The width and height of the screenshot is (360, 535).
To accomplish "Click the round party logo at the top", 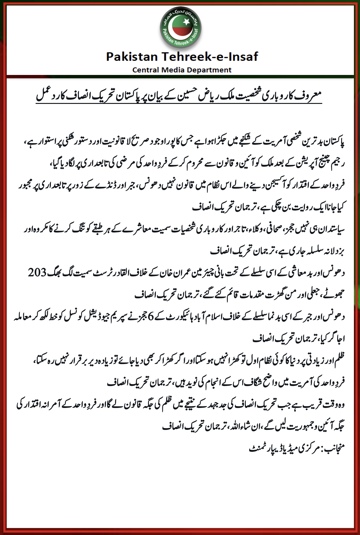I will pos(181,28).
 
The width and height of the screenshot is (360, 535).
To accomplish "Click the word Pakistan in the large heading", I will pos(132,57).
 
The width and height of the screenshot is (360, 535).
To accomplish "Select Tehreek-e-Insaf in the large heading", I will pos(210,57).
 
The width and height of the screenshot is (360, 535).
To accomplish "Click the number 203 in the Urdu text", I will pos(37,272).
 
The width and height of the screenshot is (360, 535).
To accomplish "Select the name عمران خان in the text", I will pos(181,272).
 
